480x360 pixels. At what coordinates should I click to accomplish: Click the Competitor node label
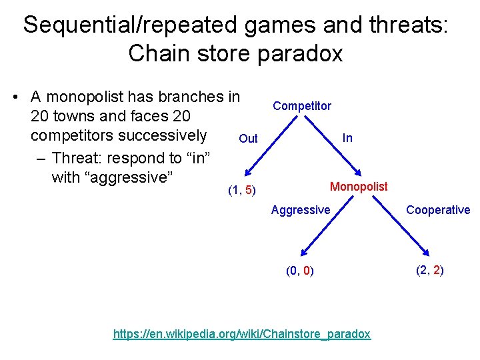[x=302, y=106]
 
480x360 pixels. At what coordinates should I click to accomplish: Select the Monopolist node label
[x=359, y=187]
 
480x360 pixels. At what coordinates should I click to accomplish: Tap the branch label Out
[x=248, y=139]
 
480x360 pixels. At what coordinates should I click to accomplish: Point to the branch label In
[x=347, y=138]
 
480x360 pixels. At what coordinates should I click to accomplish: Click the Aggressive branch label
[x=301, y=210]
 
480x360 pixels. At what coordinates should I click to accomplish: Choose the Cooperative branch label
[x=438, y=210]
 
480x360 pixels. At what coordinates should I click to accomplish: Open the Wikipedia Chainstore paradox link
[x=242, y=334]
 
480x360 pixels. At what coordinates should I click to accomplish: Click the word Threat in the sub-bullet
[x=81, y=158]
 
